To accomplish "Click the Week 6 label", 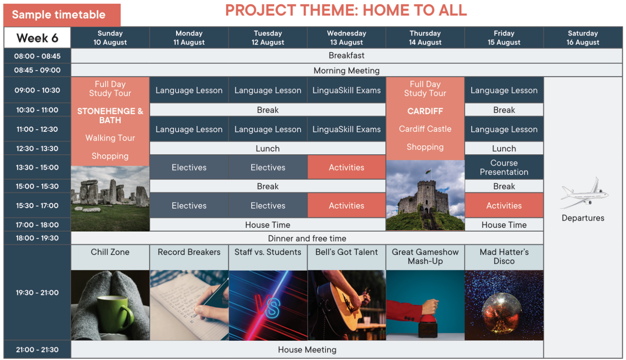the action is tap(37, 38).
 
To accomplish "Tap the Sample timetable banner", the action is tap(62, 15).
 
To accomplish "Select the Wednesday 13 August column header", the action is tap(346, 38).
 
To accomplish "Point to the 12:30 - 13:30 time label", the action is tap(37, 149).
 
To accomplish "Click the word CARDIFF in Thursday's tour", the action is tap(425, 111).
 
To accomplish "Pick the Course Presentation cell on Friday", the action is tap(504, 167).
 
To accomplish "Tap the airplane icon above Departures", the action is tap(584, 193).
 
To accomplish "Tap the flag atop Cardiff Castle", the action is tap(428, 171).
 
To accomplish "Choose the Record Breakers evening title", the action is tap(189, 252).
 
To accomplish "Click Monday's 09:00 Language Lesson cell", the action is tap(189, 90).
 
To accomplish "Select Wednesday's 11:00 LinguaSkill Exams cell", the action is tap(346, 129).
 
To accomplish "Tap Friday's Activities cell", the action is tap(504, 206).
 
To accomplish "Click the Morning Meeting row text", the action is tap(346, 70).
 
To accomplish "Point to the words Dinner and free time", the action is tap(307, 238).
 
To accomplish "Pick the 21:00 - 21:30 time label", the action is tap(37, 350).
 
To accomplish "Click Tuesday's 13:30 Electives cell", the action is tap(268, 167).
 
